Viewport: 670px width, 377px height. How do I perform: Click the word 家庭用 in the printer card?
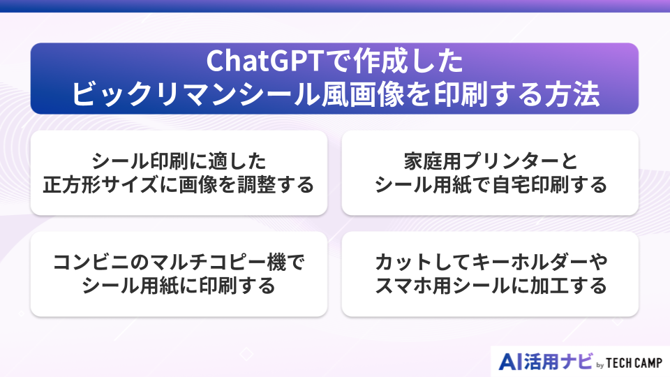point(426,162)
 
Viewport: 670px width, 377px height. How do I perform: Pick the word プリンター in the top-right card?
point(502,162)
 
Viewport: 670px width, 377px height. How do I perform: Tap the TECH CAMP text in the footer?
point(634,362)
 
